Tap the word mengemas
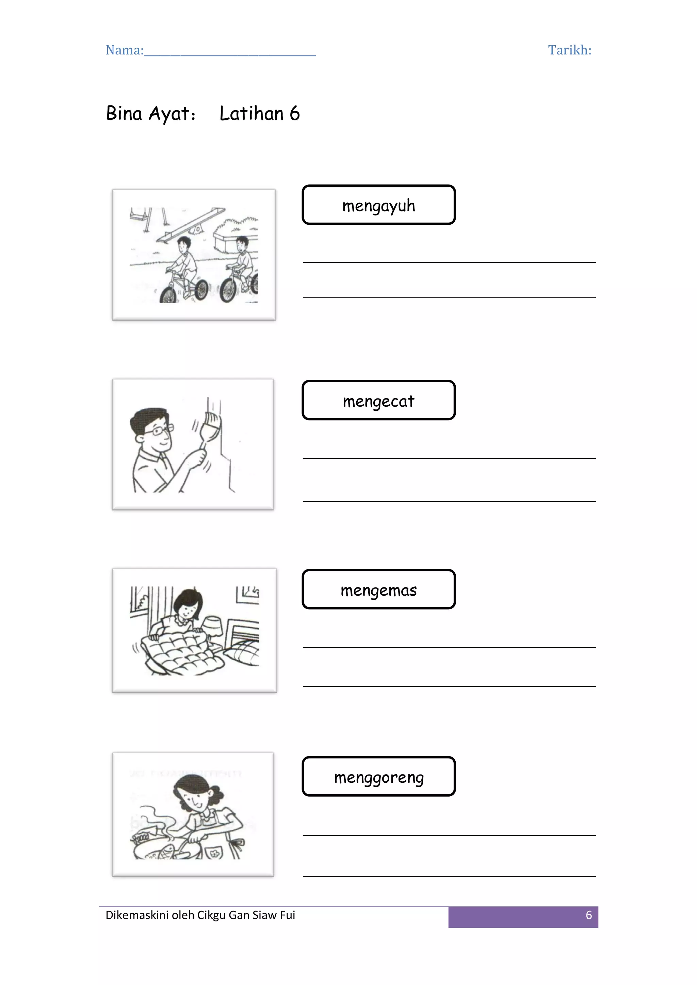coord(378,590)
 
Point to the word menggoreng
coord(379,777)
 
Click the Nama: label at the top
coord(125,50)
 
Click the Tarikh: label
coord(569,50)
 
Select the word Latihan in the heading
coord(251,114)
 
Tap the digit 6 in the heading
coord(295,114)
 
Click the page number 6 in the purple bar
coord(589,915)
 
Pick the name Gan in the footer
coord(239,915)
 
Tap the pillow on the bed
coord(243,653)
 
